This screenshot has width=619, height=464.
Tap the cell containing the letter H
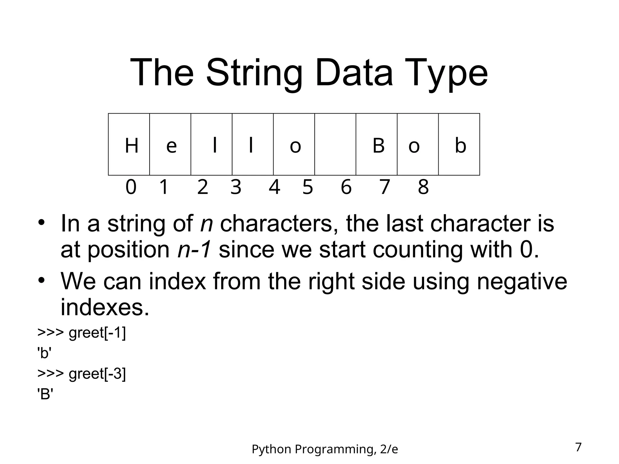tap(129, 144)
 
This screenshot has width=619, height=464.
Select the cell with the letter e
tap(170, 144)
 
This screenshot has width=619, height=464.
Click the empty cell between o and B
tap(335, 144)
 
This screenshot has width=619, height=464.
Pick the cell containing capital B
tap(377, 144)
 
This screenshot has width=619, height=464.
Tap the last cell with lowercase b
tap(459, 144)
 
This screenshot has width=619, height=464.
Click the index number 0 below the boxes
tap(131, 187)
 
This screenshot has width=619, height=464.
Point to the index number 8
tap(423, 187)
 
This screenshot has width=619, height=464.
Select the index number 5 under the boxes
tap(308, 187)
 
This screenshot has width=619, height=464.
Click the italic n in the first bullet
tap(207, 224)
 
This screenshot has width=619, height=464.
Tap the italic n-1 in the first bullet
tap(194, 250)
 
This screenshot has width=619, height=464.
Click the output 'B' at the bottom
tap(45, 394)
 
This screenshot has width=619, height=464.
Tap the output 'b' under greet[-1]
tap(44, 353)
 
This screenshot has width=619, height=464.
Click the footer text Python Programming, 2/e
tap(325, 449)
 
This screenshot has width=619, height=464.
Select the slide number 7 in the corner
tap(578, 447)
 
